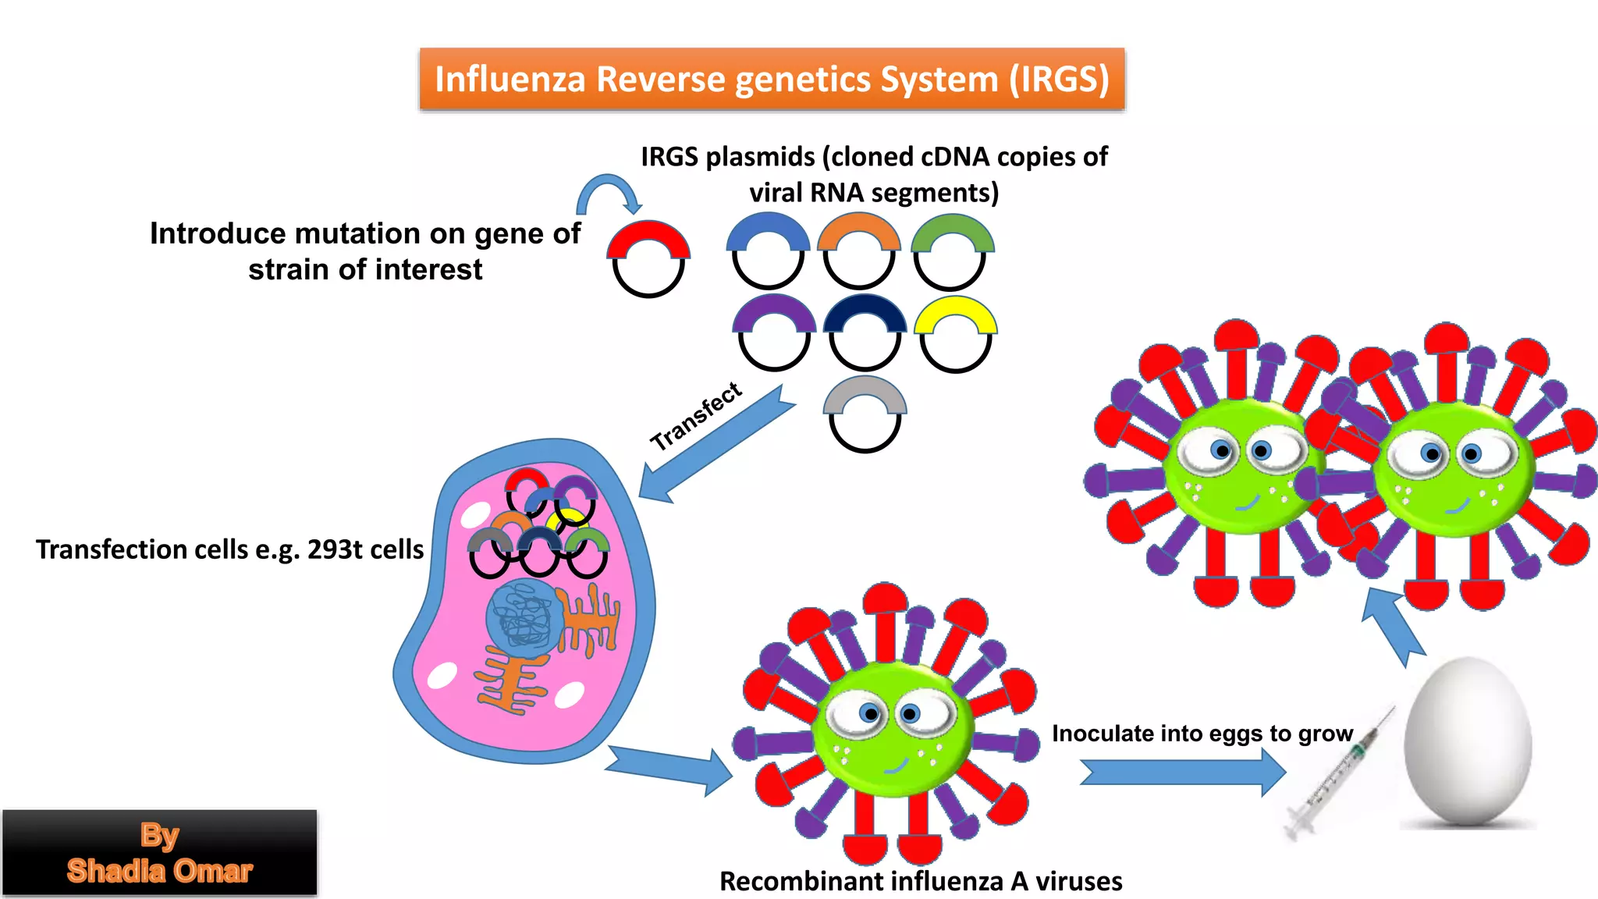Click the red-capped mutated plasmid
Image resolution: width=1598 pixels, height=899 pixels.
648,258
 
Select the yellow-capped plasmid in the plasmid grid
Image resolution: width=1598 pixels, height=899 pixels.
955,334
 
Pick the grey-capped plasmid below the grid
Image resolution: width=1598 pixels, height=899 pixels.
865,414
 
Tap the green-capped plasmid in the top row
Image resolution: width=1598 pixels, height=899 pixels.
951,251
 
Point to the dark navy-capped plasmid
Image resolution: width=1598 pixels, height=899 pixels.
865,332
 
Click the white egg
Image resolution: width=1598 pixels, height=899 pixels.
1467,741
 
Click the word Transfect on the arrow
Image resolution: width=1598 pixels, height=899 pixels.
696,416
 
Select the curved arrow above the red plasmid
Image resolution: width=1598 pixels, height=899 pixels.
609,192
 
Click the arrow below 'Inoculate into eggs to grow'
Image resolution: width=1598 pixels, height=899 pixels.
1182,772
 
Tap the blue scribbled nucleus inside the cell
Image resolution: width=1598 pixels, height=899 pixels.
524,617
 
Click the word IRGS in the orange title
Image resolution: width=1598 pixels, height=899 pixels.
1060,79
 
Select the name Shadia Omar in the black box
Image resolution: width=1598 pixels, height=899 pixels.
159,871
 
